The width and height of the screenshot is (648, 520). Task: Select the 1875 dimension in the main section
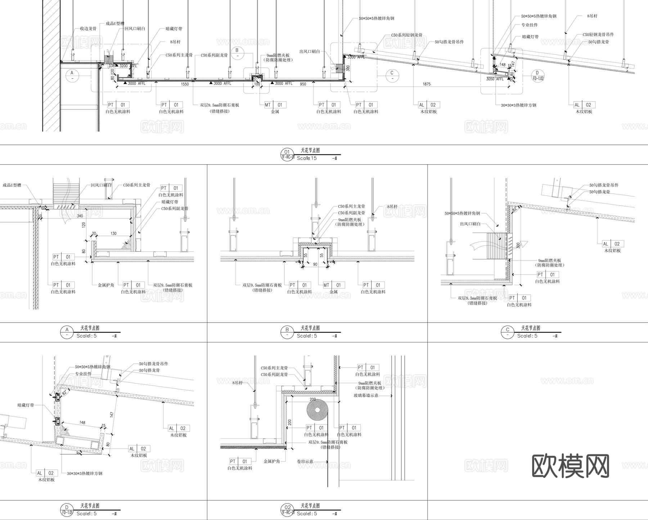pos(426,84)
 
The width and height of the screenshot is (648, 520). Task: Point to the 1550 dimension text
pos(184,84)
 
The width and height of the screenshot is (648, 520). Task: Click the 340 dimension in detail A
pos(80,216)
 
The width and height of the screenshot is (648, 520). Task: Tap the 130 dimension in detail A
pos(113,233)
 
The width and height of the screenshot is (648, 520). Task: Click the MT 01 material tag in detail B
pos(333,285)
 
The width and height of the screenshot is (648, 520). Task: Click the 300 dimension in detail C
pos(518,245)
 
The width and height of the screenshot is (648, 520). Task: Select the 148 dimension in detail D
pos(82,422)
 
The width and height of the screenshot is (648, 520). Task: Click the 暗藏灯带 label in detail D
pos(26,405)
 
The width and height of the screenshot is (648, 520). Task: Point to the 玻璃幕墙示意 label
pos(366,395)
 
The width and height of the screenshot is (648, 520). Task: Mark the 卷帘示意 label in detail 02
pos(305,461)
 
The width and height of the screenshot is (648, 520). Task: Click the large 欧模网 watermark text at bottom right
pos(571,465)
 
